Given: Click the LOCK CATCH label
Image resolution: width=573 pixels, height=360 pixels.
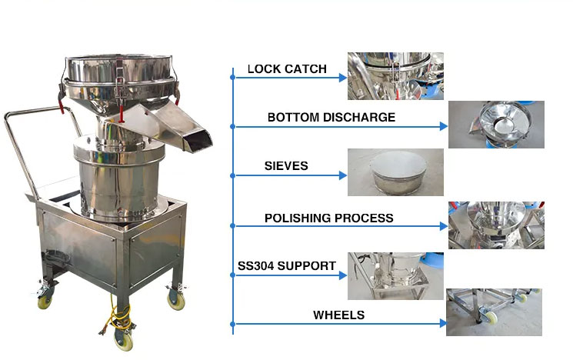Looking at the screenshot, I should click(286, 69).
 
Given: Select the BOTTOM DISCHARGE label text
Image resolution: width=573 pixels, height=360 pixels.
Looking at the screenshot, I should click(331, 118).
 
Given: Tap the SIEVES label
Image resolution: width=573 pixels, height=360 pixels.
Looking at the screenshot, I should click(285, 166).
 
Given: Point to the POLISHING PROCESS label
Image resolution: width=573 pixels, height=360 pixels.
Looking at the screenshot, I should click(328, 218).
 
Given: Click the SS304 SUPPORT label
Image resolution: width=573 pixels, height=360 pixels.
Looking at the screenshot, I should click(286, 266).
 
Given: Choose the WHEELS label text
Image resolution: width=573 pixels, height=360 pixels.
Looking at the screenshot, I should click(338, 315).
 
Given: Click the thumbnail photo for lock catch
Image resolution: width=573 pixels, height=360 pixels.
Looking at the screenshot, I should click(395, 75).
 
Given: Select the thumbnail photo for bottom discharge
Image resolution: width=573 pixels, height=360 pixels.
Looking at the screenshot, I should click(496, 125).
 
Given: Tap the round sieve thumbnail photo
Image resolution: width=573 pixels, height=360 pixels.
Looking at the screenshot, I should click(395, 172).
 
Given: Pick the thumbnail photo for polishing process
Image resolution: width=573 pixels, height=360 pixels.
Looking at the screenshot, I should click(496, 225).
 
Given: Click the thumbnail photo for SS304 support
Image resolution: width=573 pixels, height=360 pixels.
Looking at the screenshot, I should click(395, 275).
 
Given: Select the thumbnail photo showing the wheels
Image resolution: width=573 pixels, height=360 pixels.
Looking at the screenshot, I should click(494, 312).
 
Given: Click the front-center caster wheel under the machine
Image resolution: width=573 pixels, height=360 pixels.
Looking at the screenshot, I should click(122, 337).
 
